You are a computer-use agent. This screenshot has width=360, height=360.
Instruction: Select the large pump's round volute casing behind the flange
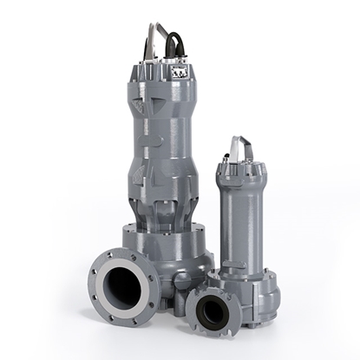187,252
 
